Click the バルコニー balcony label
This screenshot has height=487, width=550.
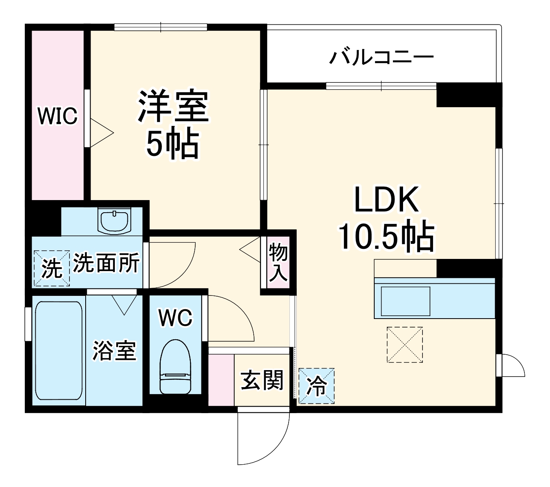coord(381,57)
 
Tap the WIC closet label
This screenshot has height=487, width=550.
coord(57,116)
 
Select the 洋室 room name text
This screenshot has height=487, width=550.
coord(173,106)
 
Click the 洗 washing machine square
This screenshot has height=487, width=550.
coord(52,268)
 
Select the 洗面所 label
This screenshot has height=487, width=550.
coord(106,263)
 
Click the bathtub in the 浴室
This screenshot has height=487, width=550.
coord(58,351)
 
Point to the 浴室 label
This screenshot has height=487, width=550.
coord(114,351)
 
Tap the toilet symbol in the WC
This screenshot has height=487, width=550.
coord(175,367)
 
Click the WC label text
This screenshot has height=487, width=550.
coord(175,318)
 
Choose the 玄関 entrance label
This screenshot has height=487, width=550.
coord(262,381)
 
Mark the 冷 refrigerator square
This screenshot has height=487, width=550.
coord(316,386)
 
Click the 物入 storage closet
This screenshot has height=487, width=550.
coord(278,263)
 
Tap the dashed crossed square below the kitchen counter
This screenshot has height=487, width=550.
coord(405,345)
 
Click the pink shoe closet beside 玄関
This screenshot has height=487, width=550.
coord(221,380)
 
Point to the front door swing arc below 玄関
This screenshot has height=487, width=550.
coord(264,438)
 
